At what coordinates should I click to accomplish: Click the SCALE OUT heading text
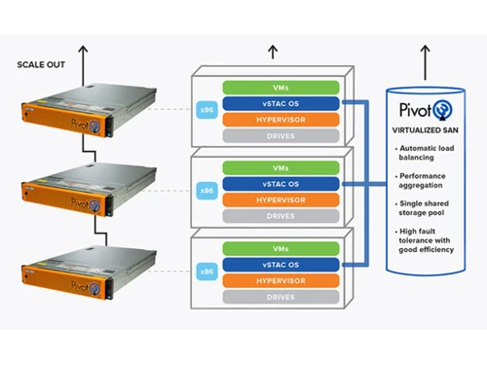point(41,65)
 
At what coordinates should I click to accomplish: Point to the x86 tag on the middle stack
point(206,192)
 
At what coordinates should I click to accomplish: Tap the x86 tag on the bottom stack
point(206,272)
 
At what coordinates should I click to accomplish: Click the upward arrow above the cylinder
point(425,58)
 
